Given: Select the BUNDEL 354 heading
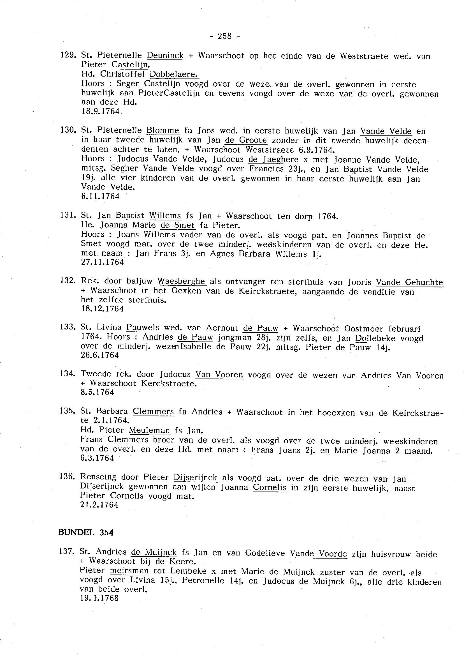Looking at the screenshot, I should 86,532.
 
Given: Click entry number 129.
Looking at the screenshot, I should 68,55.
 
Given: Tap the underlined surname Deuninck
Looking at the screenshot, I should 165,55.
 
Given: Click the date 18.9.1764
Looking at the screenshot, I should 100,111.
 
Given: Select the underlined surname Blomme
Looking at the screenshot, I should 163,131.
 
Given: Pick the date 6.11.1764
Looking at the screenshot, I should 100,196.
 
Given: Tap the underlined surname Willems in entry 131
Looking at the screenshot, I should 165,216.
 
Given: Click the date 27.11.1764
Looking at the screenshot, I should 103,262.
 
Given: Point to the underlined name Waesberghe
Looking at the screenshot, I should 182,281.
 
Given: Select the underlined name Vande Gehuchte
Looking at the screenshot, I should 409,282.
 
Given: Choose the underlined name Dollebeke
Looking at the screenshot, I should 375,338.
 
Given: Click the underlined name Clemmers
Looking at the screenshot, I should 153,412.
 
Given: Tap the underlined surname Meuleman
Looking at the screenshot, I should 149,430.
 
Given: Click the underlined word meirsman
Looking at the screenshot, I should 129,571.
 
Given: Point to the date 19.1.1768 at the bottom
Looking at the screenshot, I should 99,598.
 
